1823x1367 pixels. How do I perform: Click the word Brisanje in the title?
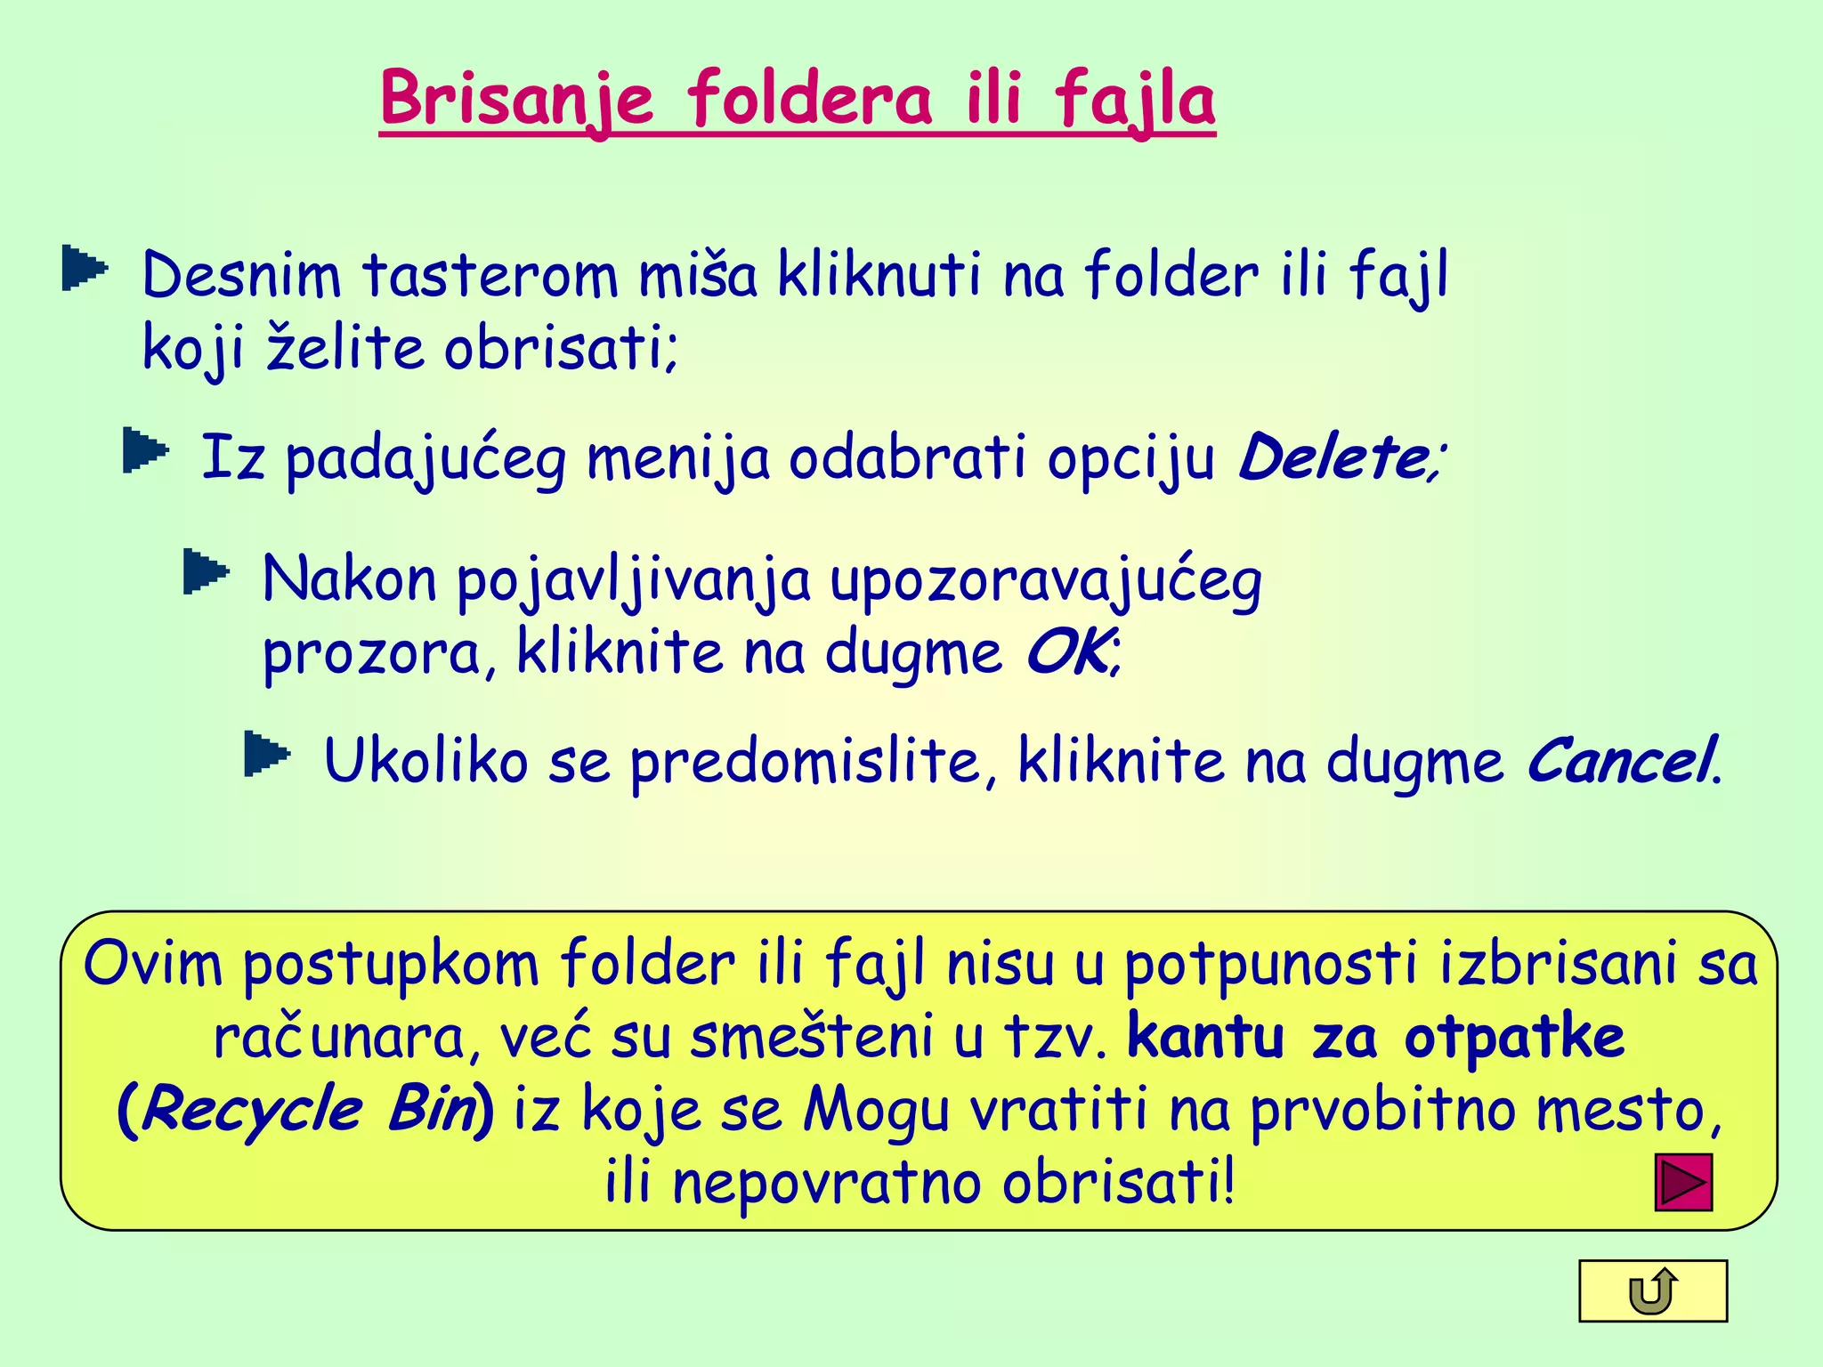(x=516, y=100)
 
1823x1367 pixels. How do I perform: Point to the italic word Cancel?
(x=1620, y=762)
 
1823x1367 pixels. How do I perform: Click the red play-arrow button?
(x=1683, y=1183)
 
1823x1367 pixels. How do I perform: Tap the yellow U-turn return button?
(x=1653, y=1291)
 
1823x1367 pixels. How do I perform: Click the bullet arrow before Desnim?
(x=85, y=270)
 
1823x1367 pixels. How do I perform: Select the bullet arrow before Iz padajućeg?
(x=145, y=450)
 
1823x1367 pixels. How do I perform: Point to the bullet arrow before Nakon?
(x=206, y=571)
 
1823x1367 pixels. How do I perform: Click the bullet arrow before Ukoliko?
(x=266, y=754)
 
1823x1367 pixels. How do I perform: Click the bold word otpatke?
(x=1514, y=1038)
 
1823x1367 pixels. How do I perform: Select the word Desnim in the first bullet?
(x=241, y=276)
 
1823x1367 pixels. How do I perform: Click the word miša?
(x=698, y=276)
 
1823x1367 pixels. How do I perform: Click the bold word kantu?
(x=1206, y=1038)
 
